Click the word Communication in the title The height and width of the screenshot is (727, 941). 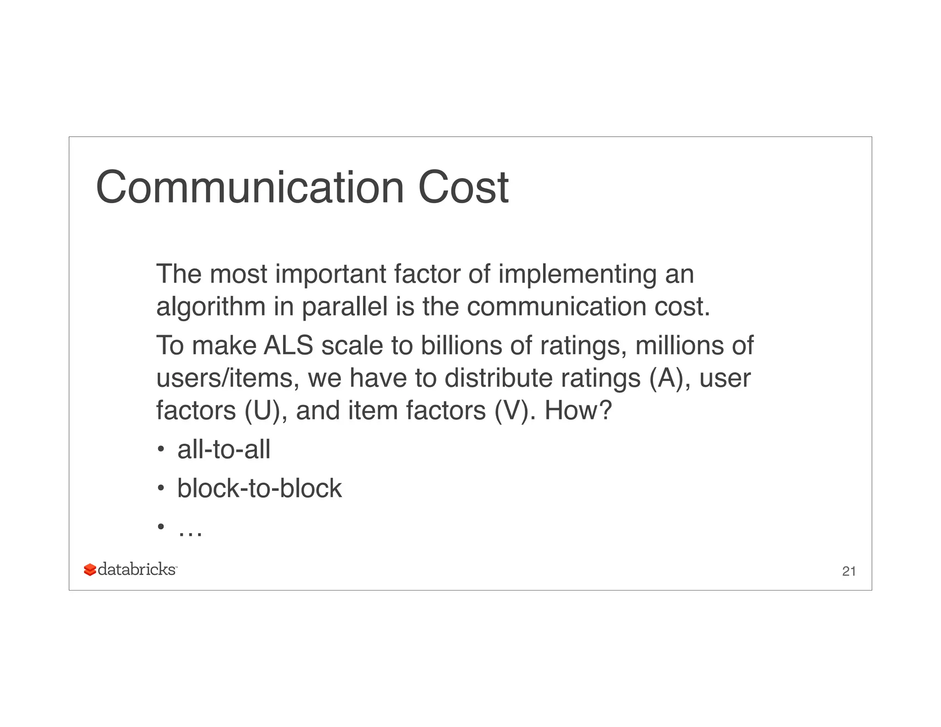tap(250, 187)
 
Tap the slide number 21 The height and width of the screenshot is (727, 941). tap(849, 571)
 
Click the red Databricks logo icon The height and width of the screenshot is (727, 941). tap(90, 570)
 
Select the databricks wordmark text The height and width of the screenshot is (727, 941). tap(137, 569)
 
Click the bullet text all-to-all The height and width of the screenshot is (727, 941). tap(224, 449)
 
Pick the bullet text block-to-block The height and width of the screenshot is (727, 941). tap(260, 488)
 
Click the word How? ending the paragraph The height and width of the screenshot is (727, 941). tap(578, 410)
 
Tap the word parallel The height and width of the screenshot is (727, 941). tap(345, 306)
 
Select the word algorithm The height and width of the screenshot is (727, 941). tap(211, 307)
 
